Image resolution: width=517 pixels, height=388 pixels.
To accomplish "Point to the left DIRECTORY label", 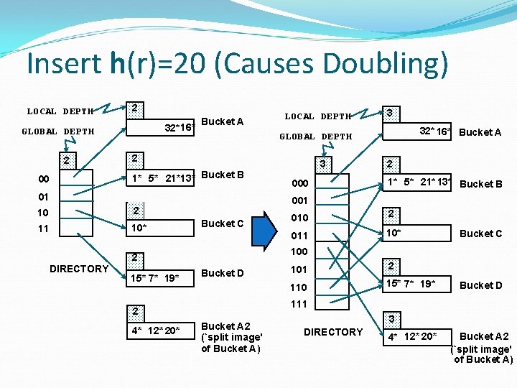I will point(79,269).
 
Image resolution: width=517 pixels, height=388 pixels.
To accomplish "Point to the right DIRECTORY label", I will point(333,332).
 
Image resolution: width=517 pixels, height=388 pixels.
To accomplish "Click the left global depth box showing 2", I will point(66,160).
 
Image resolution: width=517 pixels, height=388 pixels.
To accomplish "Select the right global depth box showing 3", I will point(322,164).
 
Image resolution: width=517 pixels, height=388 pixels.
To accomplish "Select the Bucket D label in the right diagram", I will point(481,285).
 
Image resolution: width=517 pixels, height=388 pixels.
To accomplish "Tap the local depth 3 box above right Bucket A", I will point(388,114).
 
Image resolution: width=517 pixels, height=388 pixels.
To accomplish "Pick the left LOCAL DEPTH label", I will point(60,111).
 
